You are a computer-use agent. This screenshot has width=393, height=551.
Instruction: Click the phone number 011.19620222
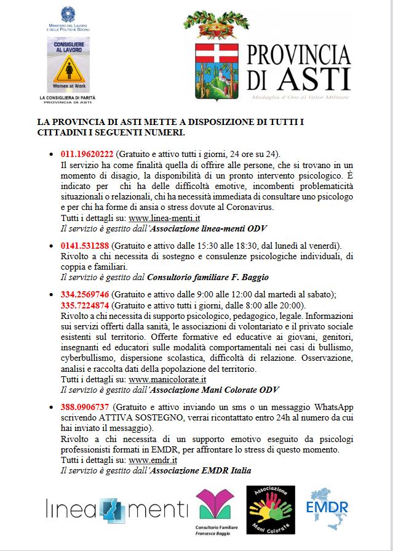click(87, 154)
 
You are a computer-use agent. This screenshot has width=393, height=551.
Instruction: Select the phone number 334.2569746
click(87, 294)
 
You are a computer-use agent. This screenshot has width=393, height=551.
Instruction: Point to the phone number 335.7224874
click(87, 305)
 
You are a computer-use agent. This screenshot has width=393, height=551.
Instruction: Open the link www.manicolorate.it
click(167, 379)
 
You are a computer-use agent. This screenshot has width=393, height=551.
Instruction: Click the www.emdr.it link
click(153, 460)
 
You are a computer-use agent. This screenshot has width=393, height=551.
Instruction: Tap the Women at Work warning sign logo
click(68, 65)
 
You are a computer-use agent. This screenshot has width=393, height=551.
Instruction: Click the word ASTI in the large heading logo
click(314, 79)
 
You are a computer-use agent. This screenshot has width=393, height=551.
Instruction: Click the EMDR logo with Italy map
click(328, 508)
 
